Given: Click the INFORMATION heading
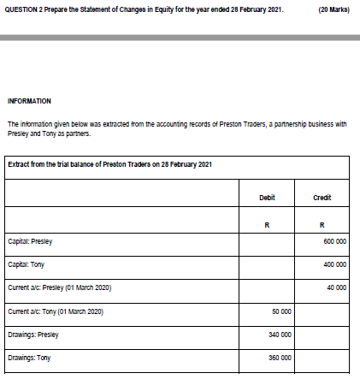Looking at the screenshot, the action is (29, 100).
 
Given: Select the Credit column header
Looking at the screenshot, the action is (322, 197).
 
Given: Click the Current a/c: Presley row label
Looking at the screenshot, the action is (60, 287).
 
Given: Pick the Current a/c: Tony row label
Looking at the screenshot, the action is (56, 311).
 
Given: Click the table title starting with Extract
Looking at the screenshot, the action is (109, 164).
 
